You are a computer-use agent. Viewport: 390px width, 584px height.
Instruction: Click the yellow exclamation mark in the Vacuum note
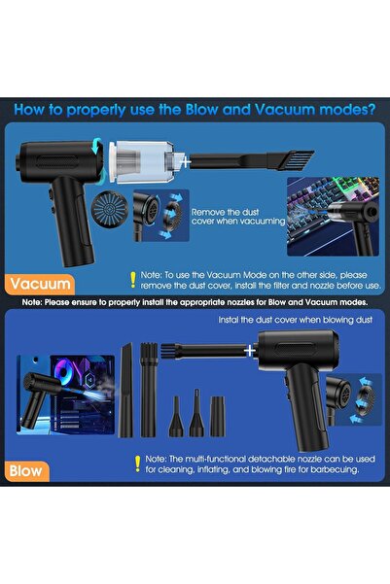133,280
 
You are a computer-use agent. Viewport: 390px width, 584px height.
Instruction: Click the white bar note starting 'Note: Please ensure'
195,302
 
